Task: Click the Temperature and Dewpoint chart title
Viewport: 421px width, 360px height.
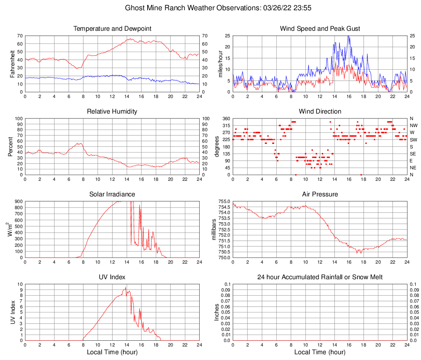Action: tap(112, 29)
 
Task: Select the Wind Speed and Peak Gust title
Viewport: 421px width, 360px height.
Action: tap(320, 29)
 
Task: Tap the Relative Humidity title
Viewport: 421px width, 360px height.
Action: tap(112, 112)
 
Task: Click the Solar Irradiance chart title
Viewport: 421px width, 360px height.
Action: tap(112, 194)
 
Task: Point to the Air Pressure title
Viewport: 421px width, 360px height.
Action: tap(320, 194)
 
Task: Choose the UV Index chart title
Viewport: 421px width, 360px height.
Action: tap(112, 277)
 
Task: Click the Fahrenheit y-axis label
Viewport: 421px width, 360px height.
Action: tap(13, 64)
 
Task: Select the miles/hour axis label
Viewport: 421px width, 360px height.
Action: tap(220, 64)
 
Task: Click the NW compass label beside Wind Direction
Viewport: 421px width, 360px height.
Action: tap(414, 125)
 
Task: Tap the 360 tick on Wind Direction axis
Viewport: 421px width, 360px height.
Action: tap(227, 118)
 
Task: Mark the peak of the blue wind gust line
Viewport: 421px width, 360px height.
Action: tap(348, 36)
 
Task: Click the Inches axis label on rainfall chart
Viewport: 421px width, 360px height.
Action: tap(217, 312)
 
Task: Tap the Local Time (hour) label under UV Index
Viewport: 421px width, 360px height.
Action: tap(112, 352)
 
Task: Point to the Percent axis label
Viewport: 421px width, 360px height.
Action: tap(10, 146)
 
